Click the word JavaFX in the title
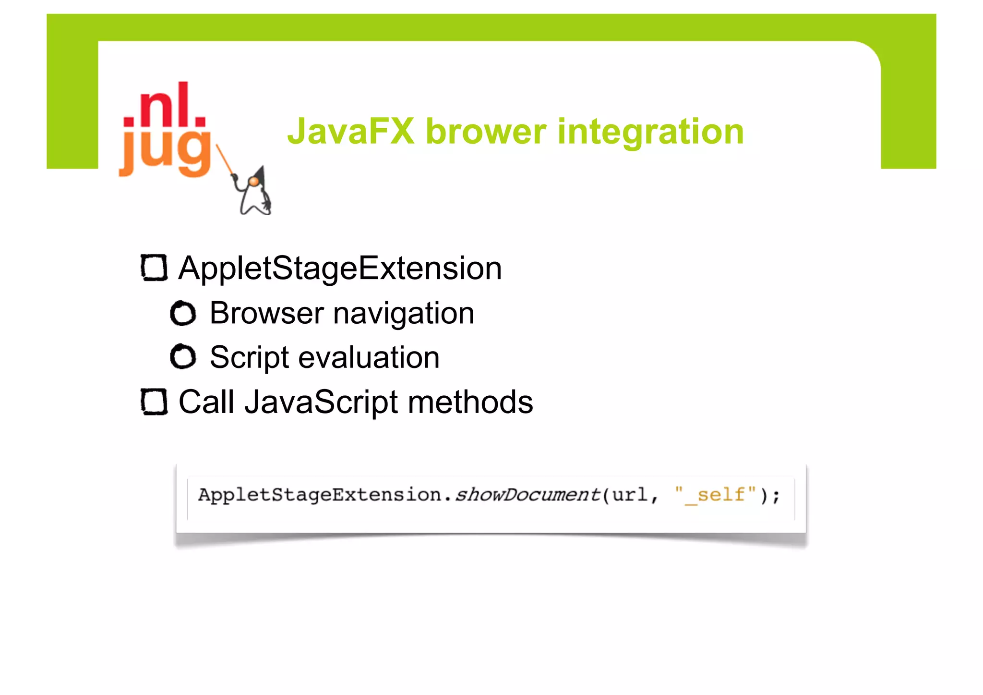(351, 131)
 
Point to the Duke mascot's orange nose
(253, 181)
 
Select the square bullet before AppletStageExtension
(154, 268)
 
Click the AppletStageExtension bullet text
(340, 268)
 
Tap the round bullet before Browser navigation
(183, 313)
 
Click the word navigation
(404, 314)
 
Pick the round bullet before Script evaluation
(183, 357)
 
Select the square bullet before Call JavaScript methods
(154, 402)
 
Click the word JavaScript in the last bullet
(321, 402)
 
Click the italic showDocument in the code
(527, 494)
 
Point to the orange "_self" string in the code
(715, 494)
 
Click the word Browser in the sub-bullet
(266, 313)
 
